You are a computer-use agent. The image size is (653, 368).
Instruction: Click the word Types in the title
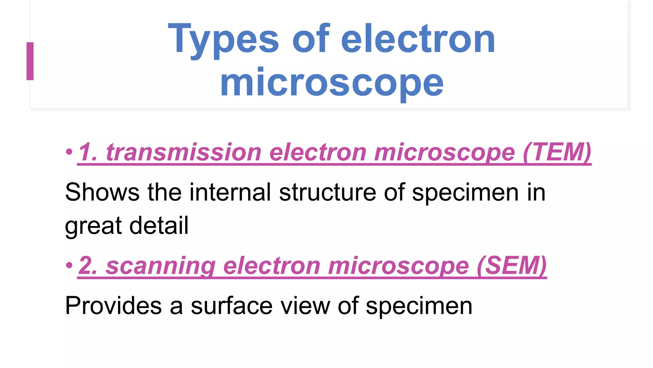[x=223, y=40]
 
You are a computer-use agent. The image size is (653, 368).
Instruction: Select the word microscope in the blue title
[x=332, y=83]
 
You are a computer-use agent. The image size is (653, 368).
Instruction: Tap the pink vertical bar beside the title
[x=30, y=61]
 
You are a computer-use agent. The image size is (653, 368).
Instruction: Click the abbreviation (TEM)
[x=557, y=152]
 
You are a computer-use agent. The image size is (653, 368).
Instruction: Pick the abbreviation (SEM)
[x=512, y=265]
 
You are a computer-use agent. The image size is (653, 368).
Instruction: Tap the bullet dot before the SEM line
[x=69, y=265]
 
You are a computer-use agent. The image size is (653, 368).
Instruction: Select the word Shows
[x=102, y=192]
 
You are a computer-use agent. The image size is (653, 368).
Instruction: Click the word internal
[x=230, y=192]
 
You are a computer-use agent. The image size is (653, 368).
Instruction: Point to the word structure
[x=327, y=192]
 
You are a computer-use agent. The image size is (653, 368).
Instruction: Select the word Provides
[x=113, y=306]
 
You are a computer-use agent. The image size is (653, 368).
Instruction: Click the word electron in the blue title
[x=418, y=40]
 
